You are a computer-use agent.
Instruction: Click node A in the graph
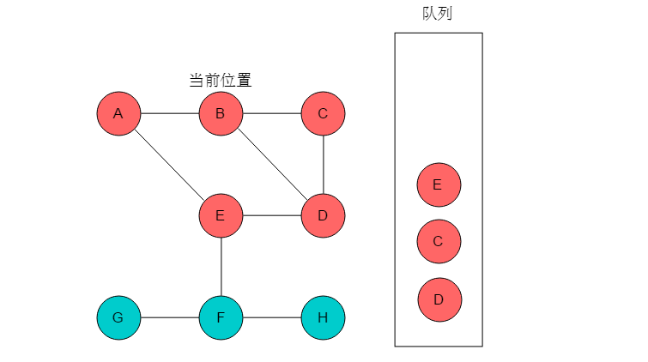click(x=118, y=113)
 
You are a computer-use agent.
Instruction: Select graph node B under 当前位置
click(x=221, y=113)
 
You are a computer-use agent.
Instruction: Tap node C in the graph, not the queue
click(x=323, y=113)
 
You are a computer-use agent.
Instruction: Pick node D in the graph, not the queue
click(x=323, y=215)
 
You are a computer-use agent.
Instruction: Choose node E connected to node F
click(x=221, y=215)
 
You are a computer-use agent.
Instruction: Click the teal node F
click(x=221, y=317)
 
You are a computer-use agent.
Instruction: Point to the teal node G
click(x=118, y=317)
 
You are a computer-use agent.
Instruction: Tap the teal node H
click(x=323, y=317)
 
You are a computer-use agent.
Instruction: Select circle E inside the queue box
click(x=439, y=184)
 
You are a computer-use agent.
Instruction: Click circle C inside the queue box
click(x=439, y=241)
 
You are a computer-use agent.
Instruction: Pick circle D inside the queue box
click(x=439, y=299)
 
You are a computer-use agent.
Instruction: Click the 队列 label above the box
click(x=438, y=14)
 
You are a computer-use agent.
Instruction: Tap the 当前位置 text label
click(x=220, y=81)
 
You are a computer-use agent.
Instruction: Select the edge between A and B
click(x=169, y=113)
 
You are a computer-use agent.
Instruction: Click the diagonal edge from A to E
click(x=169, y=165)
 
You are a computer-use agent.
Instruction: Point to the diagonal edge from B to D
click(x=271, y=164)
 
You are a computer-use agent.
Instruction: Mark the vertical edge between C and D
click(x=323, y=164)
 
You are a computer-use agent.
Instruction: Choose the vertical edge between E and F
click(x=221, y=266)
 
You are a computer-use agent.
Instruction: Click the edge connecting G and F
click(x=169, y=317)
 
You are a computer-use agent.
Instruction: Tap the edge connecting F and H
click(x=271, y=317)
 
